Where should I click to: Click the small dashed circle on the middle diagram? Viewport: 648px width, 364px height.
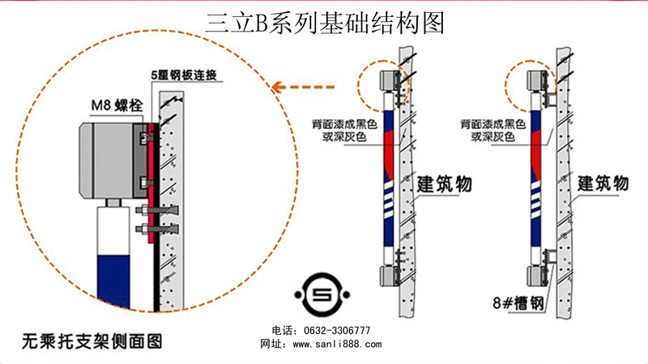[386, 85]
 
